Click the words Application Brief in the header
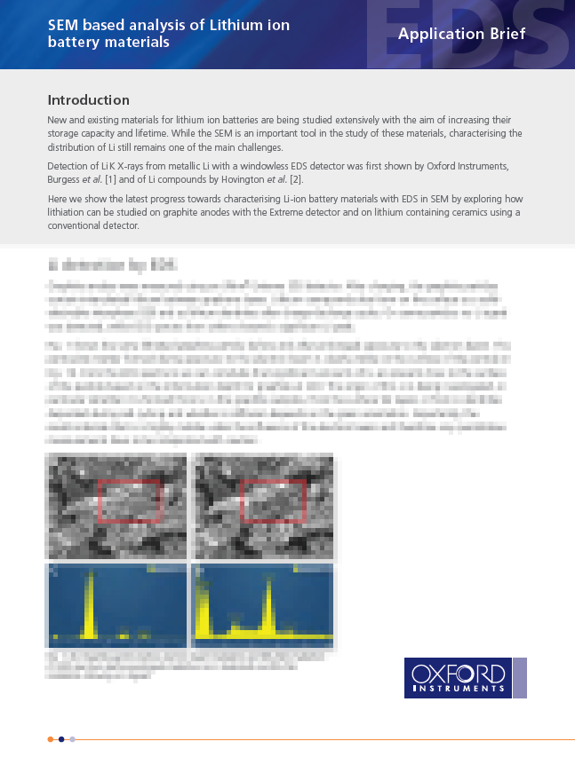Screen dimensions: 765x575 461,35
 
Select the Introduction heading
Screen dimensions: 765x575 88,100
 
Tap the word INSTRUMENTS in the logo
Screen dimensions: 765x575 459,688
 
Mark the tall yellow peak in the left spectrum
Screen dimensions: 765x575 89,603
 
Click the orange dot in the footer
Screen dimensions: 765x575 50,738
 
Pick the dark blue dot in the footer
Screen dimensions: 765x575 61,738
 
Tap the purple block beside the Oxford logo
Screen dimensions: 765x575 520,677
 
